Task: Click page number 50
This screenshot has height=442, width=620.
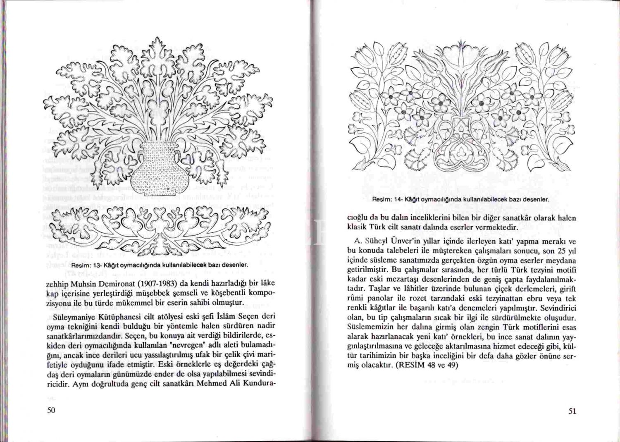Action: point(51,410)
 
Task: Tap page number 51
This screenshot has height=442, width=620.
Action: point(572,411)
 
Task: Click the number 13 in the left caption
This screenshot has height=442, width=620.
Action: point(98,265)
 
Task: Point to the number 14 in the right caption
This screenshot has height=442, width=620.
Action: point(399,199)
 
